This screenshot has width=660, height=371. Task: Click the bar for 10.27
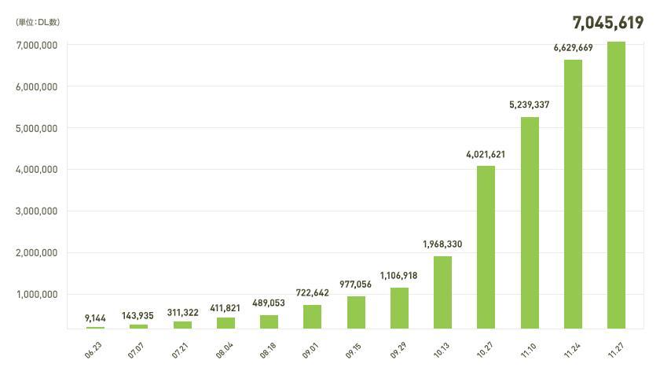coord(486,247)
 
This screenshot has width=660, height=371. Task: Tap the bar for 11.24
coord(573,194)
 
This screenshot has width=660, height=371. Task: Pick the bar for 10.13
coord(442,292)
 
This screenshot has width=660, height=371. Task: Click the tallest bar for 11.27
coord(616,185)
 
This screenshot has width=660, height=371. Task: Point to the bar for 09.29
coord(399,307)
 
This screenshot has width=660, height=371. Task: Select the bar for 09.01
coord(313,316)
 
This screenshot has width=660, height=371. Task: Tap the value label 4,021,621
coord(486,155)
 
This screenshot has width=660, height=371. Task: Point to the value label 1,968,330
coord(442,244)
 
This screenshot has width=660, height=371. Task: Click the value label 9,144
coord(96,318)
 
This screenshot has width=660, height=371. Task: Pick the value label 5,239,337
coord(530,104)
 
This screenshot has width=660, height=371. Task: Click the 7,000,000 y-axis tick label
coord(36,45)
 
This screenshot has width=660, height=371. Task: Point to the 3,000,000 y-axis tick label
coord(36,211)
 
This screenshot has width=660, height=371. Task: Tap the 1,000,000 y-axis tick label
coord(36,295)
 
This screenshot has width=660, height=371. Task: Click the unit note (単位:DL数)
coord(38,22)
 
